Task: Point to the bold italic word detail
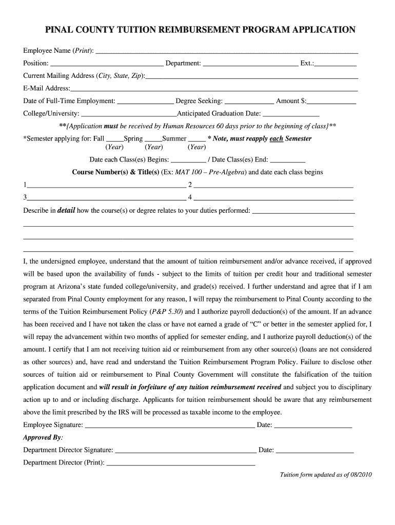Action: coord(66,210)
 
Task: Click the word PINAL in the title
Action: coord(59,30)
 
